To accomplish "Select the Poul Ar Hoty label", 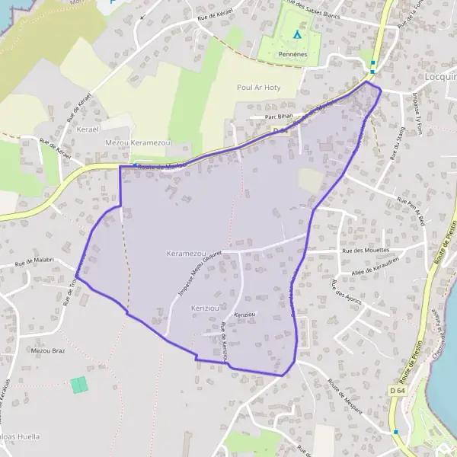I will pyautogui.click(x=259, y=88).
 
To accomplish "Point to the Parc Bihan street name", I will pyautogui.click(x=279, y=117).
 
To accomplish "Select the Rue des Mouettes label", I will pyautogui.click(x=366, y=250).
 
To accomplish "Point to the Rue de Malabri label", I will pyautogui.click(x=33, y=260).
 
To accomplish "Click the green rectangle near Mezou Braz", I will pyautogui.click(x=79, y=385).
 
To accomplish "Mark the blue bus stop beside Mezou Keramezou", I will pyautogui.click(x=135, y=165).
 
